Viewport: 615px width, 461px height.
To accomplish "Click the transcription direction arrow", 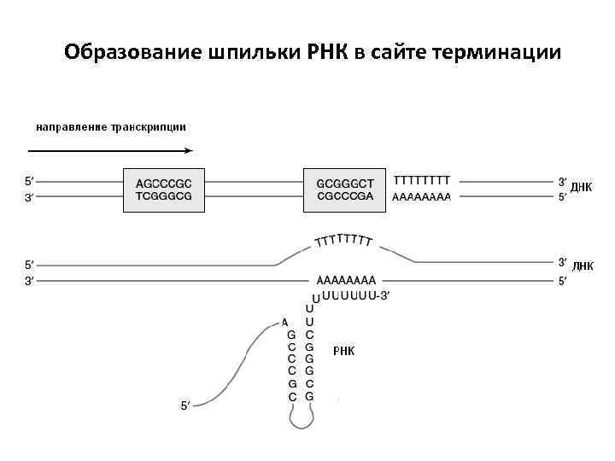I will [111, 151].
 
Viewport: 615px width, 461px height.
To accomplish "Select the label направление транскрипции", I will [111, 127].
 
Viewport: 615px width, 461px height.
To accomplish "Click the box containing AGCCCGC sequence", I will [165, 189].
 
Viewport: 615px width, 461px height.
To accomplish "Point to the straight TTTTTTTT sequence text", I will [422, 181].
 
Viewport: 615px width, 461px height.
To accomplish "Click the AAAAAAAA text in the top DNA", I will [422, 196].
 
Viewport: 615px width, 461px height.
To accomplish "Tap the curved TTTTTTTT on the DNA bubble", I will [343, 240].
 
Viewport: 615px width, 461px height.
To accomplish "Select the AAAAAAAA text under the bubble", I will [346, 279].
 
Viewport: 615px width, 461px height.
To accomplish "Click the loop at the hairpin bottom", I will [301, 417].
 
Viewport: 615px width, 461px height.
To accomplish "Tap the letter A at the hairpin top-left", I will [284, 322].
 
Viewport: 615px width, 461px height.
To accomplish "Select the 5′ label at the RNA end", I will [185, 405].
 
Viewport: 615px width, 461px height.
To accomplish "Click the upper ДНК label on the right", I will [582, 188].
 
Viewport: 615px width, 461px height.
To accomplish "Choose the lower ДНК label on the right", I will [582, 266].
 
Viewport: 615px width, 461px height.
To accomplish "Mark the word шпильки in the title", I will [249, 53].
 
